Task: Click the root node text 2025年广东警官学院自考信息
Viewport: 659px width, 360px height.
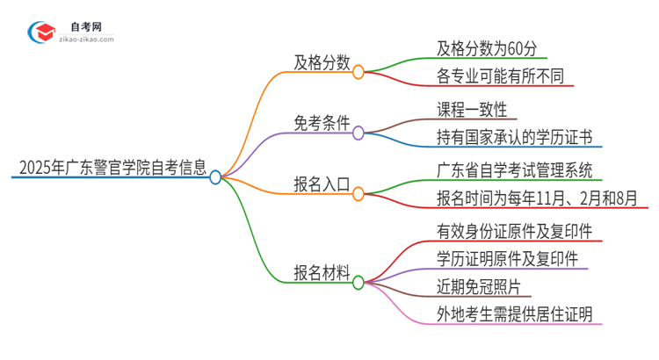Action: pos(106,165)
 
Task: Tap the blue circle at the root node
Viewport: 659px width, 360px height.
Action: pos(216,177)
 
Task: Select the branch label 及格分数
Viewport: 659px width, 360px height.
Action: pos(322,61)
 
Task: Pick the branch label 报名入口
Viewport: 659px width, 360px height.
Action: pos(322,184)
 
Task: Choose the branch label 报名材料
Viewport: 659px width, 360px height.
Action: pos(322,271)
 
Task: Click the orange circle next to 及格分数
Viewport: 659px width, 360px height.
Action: pos(358,73)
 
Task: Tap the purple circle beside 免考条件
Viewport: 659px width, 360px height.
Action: pos(358,133)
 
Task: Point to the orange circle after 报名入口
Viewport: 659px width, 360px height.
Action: pos(358,195)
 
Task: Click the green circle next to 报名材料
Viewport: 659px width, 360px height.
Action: pos(358,283)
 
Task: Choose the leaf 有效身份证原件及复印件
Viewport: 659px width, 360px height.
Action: pos(514,231)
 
